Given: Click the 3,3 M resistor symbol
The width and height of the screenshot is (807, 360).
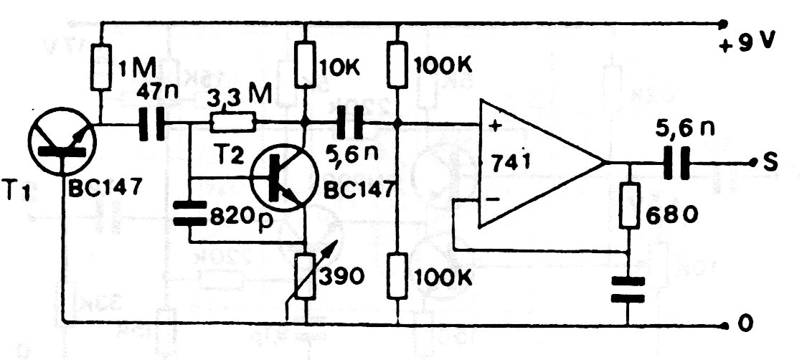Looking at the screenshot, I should (x=232, y=124).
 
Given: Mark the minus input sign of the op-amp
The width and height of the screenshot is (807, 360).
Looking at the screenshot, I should (x=493, y=199).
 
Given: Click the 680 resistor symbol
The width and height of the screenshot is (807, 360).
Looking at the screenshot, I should (x=629, y=205).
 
